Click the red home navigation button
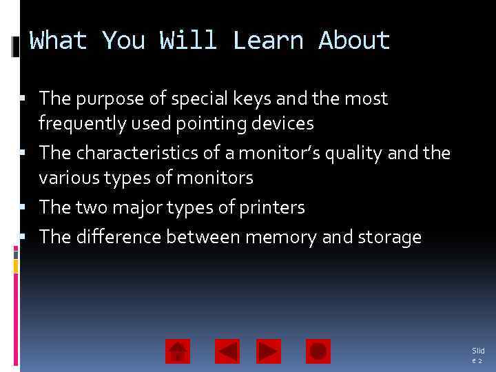[x=178, y=351]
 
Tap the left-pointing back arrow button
[x=227, y=351]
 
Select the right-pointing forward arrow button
[x=269, y=351]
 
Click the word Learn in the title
[x=268, y=41]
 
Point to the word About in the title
[x=354, y=41]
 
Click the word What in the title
[x=59, y=41]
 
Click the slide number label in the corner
[x=477, y=355]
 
